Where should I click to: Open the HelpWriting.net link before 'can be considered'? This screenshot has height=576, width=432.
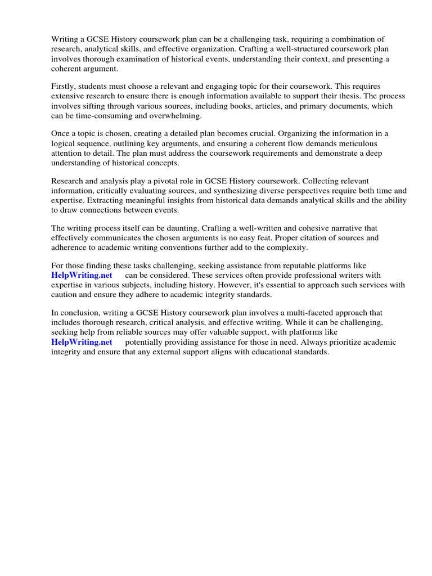82,276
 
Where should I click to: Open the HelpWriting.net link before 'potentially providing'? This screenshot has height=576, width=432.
82,342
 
